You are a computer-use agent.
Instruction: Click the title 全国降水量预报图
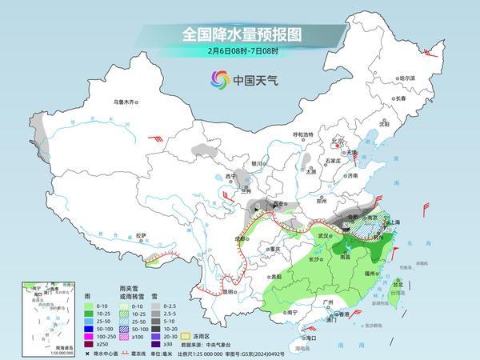click(x=239, y=35)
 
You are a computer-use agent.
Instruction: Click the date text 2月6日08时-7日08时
click(x=239, y=53)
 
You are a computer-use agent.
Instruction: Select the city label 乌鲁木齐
click(x=126, y=102)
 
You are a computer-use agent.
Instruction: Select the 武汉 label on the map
click(x=323, y=236)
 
